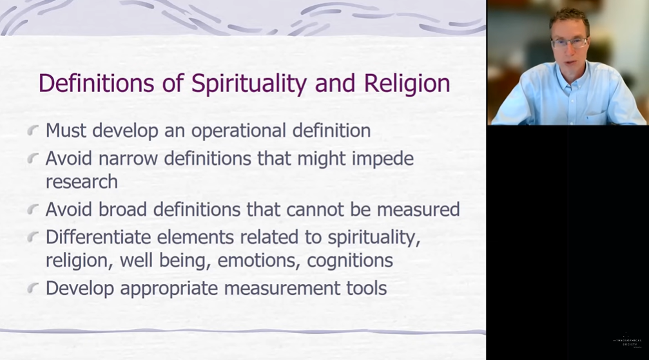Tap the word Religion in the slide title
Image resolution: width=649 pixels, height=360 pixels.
(407, 84)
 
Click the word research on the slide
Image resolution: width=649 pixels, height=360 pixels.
(81, 182)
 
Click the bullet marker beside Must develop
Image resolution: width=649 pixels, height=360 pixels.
(33, 131)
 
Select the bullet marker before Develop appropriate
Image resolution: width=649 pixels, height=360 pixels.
(33, 289)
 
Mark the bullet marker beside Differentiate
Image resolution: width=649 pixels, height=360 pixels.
(33, 238)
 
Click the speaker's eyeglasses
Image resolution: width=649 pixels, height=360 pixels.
(569, 43)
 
